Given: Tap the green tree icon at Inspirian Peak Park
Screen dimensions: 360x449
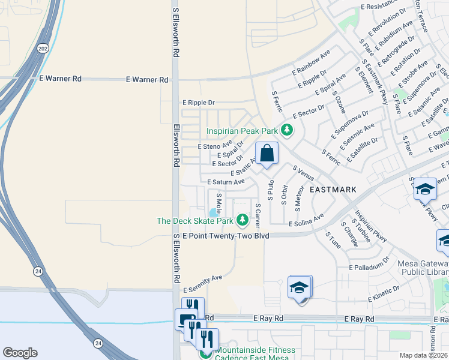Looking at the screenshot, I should [x=287, y=130].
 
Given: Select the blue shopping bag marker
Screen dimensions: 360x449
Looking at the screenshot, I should [x=267, y=153].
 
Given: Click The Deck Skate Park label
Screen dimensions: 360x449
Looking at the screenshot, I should [x=194, y=221].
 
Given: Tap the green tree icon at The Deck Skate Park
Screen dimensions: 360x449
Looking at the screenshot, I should [x=243, y=221].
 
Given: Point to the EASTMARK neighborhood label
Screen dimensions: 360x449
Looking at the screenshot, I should [x=333, y=189].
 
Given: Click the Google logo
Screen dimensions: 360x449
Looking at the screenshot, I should [x=20, y=353].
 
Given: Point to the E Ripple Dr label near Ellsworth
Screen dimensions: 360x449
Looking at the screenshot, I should [x=198, y=103].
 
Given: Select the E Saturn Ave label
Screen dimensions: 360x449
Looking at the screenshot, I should [x=226, y=182].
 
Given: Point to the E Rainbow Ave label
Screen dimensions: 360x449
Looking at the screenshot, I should [x=309, y=61].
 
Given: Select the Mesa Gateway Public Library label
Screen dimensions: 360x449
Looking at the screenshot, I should [x=424, y=267].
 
